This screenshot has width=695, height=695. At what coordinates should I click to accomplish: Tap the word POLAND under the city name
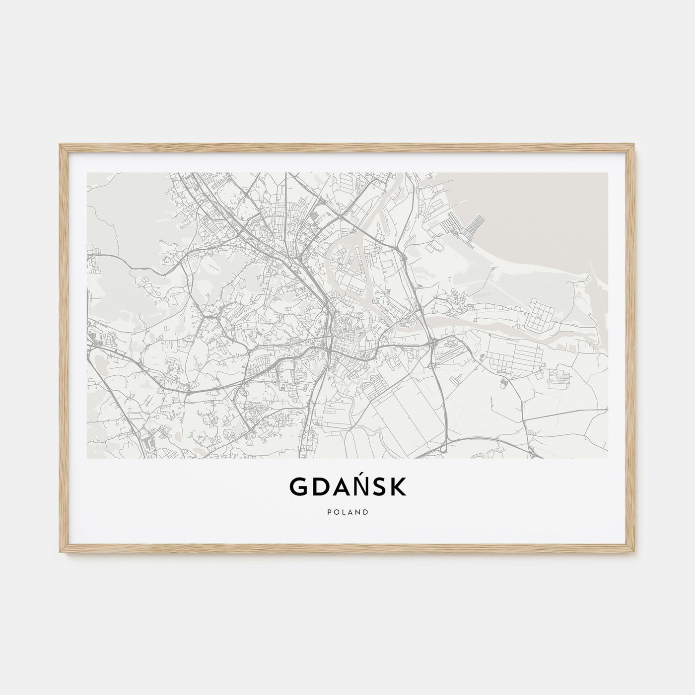[347, 512]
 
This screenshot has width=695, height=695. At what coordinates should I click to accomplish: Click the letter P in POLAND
[329, 512]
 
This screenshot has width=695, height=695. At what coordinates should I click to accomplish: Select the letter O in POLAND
[336, 512]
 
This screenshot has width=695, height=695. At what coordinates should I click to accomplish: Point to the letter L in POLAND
[343, 512]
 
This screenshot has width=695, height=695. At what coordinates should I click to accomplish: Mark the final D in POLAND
[366, 512]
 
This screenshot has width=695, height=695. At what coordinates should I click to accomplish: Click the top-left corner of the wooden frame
[60, 145]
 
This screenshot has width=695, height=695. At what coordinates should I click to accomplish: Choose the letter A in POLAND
[350, 512]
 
